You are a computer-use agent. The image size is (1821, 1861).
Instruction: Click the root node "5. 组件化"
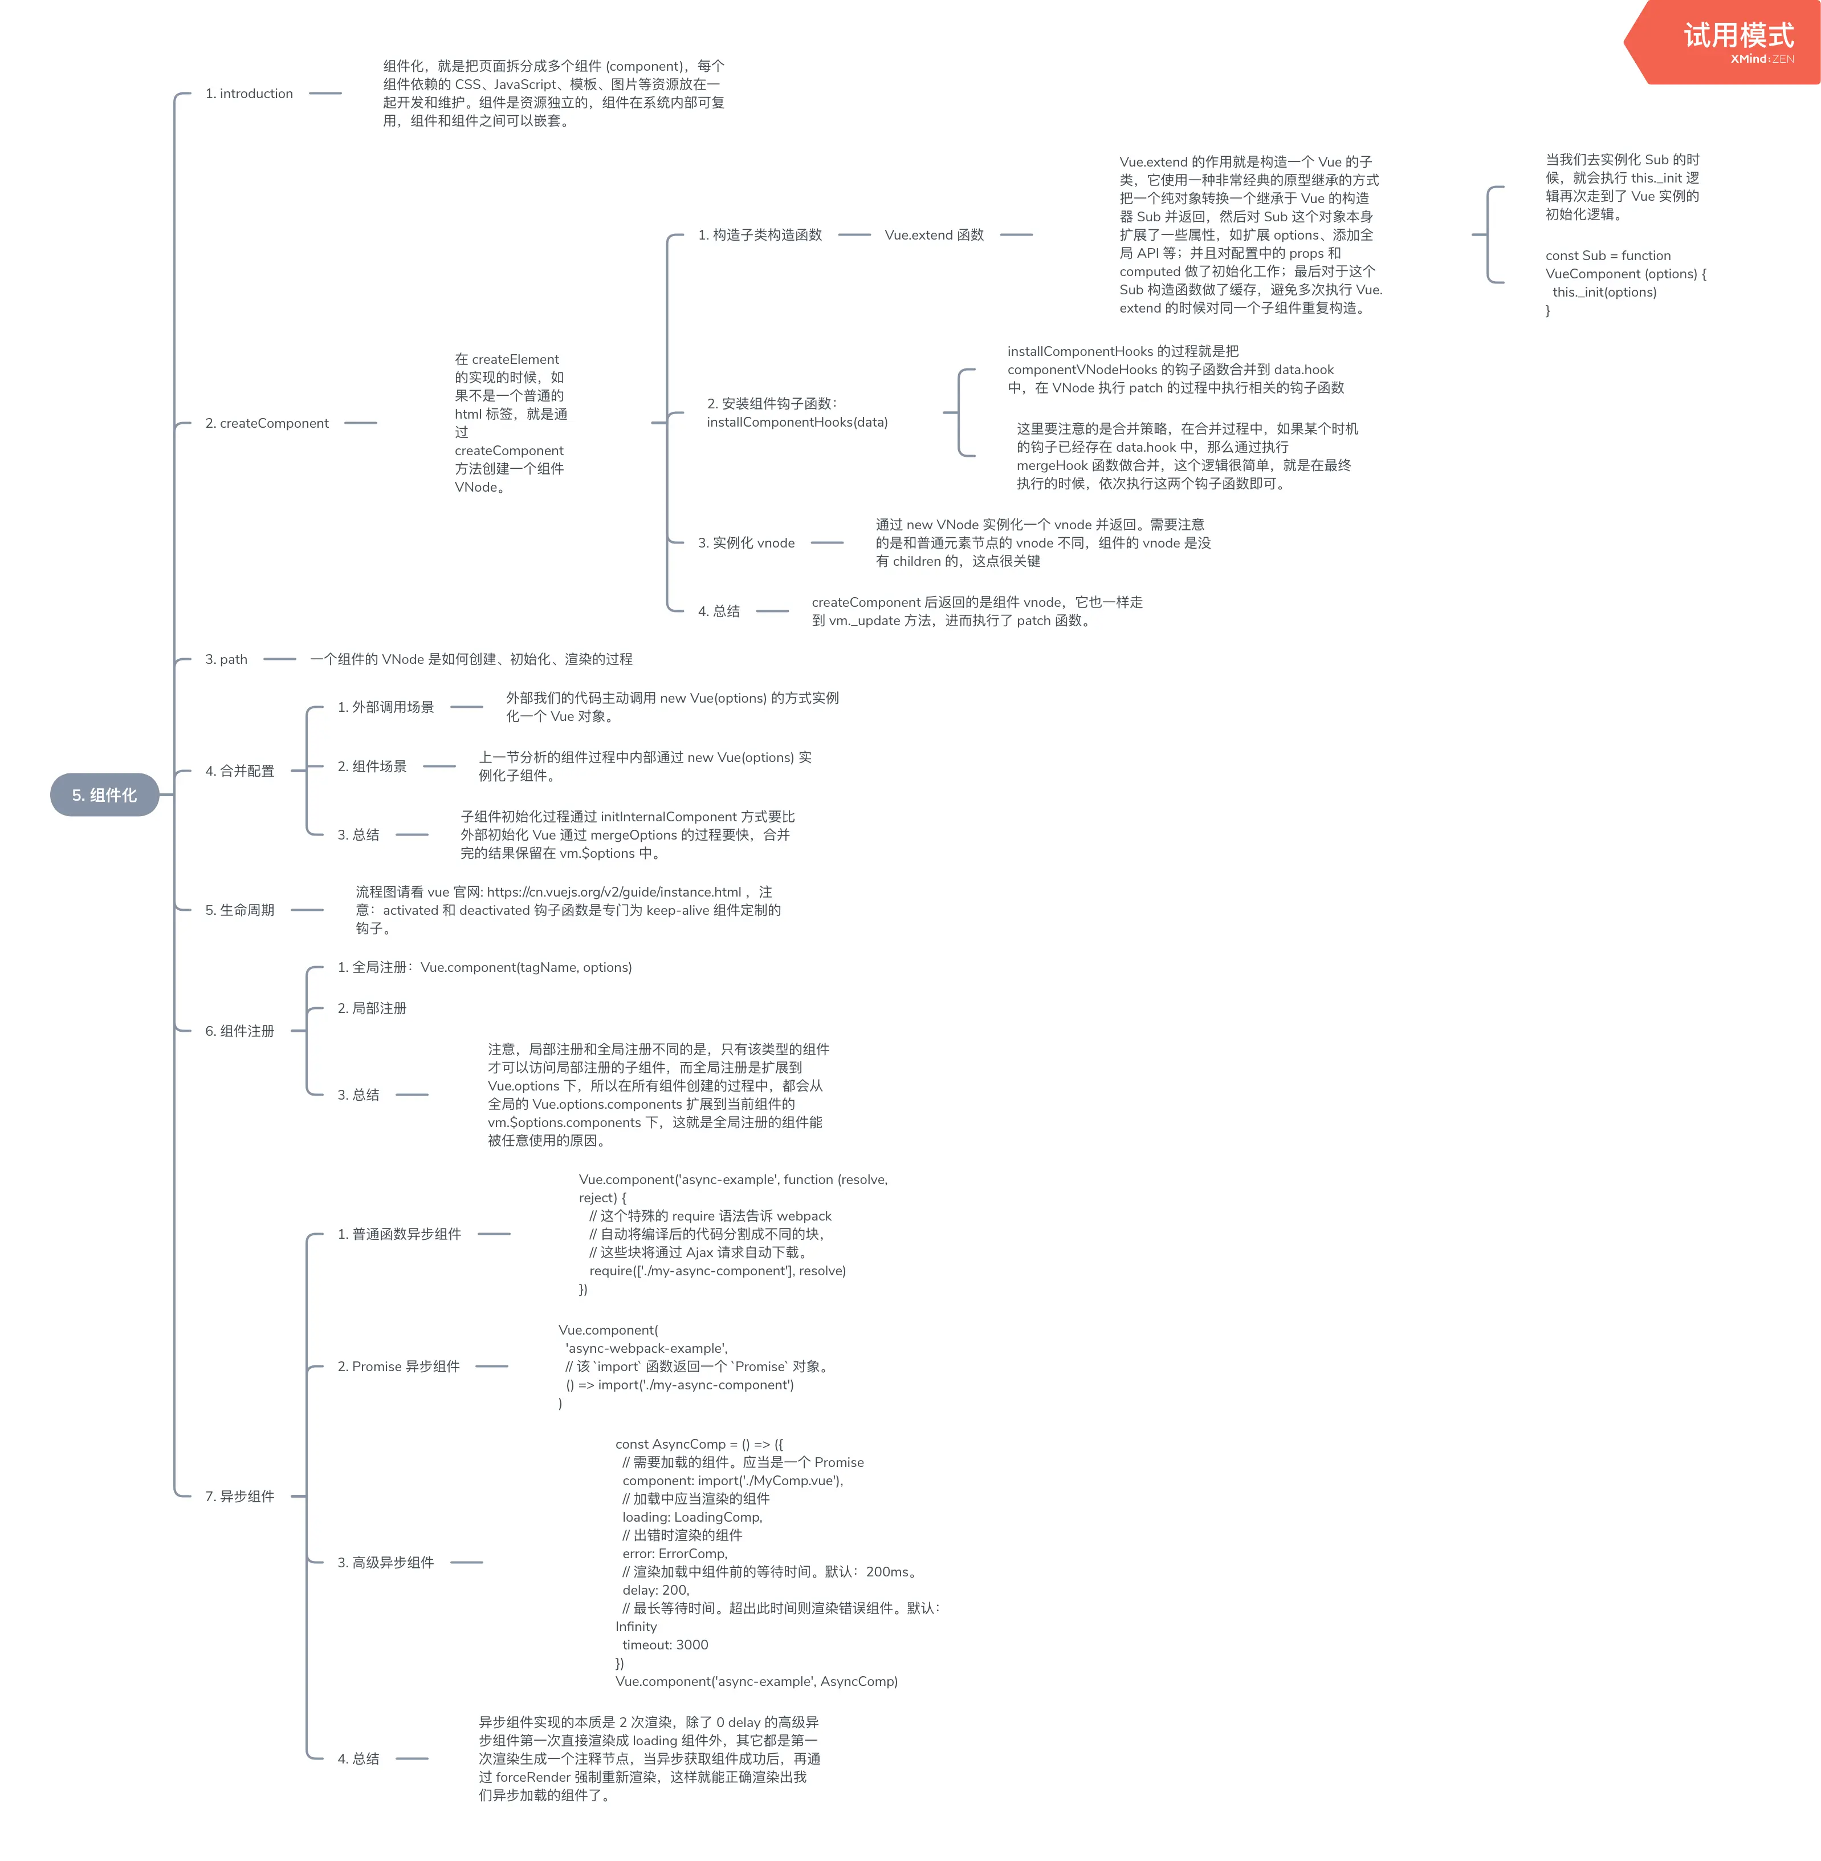[x=104, y=795]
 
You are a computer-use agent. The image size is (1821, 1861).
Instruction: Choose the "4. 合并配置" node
[x=239, y=771]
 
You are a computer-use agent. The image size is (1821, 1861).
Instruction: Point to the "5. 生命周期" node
[x=239, y=910]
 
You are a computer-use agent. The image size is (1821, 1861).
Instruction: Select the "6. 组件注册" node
[x=239, y=1031]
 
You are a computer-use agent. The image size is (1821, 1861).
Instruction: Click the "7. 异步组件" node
[x=239, y=1497]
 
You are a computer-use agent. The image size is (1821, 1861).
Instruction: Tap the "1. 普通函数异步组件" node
[x=399, y=1234]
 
